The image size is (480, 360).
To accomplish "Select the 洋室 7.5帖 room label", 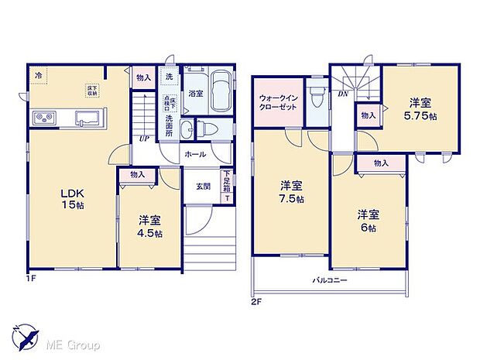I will (x=291, y=191).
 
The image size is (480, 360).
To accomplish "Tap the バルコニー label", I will (x=329, y=279).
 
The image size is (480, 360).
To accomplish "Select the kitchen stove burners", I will (x=44, y=118).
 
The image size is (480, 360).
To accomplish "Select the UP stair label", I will (x=144, y=139).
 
